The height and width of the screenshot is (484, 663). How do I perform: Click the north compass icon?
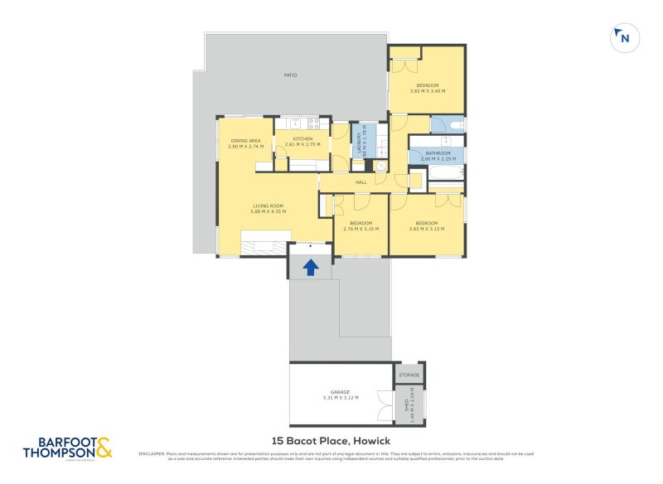[x=622, y=38]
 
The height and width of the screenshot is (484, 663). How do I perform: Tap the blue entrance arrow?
[x=311, y=267]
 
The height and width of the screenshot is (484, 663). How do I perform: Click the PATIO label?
[x=290, y=75]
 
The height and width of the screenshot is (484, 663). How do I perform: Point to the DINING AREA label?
[x=245, y=141]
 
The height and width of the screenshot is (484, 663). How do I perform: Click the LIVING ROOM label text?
[x=268, y=206]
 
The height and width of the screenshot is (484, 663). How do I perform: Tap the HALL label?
[x=361, y=182]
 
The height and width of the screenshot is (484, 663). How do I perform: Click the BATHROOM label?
[x=438, y=152]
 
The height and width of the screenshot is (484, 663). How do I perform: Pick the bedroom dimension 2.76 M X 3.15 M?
[x=361, y=228]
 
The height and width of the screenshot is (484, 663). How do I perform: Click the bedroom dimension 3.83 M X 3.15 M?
[x=427, y=228]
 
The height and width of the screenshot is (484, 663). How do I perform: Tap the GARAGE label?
[x=341, y=392]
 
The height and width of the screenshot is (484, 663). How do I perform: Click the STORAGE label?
[x=409, y=375]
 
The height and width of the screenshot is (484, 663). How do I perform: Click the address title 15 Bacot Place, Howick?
[x=331, y=441]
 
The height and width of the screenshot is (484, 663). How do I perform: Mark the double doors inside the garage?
[x=384, y=407]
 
